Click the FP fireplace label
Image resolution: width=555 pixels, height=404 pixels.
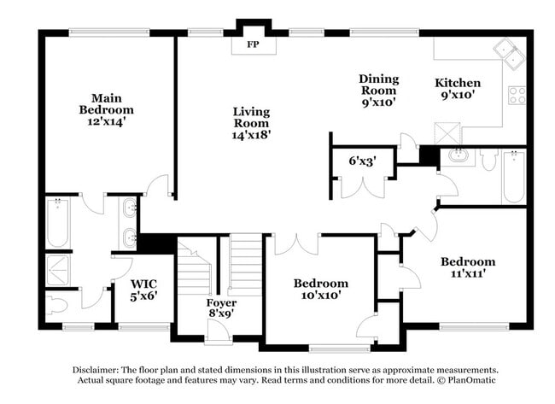(x=253, y=44)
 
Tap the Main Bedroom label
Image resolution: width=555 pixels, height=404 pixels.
(x=107, y=104)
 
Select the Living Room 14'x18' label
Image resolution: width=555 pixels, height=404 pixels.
(x=251, y=123)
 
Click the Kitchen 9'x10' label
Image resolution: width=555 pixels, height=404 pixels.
(x=458, y=89)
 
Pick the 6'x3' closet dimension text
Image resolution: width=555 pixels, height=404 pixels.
(x=362, y=159)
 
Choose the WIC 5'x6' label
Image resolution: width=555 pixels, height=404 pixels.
(x=143, y=290)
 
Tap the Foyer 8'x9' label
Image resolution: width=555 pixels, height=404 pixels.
(x=221, y=308)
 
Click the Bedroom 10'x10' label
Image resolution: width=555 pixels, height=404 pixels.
(x=320, y=289)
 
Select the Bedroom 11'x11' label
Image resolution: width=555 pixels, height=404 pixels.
(x=467, y=267)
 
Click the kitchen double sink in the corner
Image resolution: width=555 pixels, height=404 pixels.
(x=513, y=53)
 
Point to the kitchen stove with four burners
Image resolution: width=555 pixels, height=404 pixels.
(x=517, y=95)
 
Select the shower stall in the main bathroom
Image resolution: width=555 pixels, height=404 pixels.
(x=58, y=269)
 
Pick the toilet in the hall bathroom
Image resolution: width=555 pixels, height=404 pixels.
(x=488, y=160)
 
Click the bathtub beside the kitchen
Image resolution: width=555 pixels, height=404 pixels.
(x=513, y=176)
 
